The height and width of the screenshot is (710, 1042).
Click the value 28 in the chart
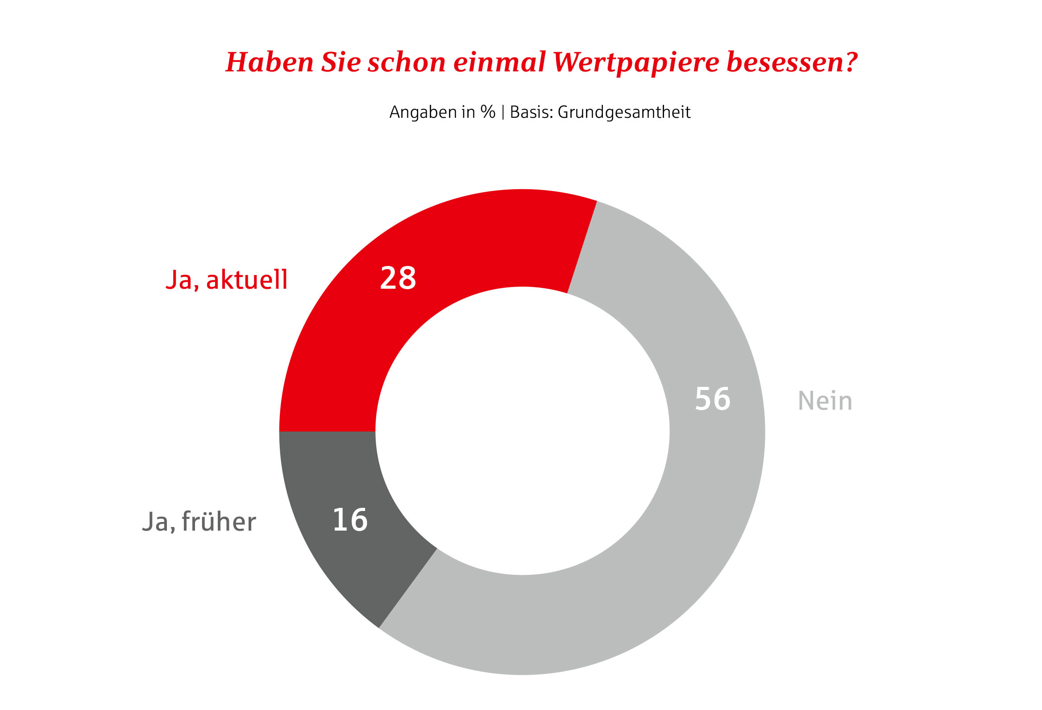click(x=398, y=278)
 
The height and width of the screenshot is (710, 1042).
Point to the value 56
click(x=713, y=399)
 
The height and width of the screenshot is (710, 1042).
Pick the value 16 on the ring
click(x=350, y=520)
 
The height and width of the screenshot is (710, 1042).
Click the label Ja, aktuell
click(x=226, y=280)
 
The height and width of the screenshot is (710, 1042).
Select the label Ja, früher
click(x=199, y=522)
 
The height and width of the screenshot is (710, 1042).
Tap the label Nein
click(x=825, y=401)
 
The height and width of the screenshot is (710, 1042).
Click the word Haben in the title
click(x=270, y=62)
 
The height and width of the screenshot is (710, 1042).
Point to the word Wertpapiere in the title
click(x=636, y=63)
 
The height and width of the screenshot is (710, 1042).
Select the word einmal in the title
click(x=499, y=62)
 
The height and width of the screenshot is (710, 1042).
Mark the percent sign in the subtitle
click(x=487, y=112)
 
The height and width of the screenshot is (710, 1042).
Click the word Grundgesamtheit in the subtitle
click(x=624, y=112)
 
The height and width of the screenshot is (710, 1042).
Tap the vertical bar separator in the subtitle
click(x=502, y=112)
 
